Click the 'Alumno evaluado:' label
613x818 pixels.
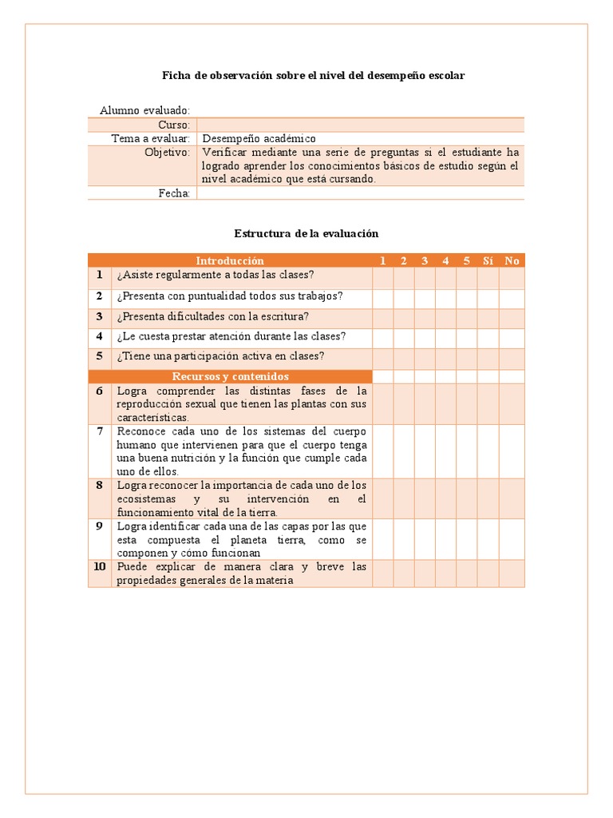(x=144, y=110)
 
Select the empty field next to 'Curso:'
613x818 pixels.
(x=360, y=125)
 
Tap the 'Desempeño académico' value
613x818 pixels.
(x=259, y=138)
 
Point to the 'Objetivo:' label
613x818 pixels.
(x=167, y=152)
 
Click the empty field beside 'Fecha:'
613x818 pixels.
(x=360, y=193)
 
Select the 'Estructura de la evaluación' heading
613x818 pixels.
(x=306, y=233)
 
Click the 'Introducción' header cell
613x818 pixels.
(x=230, y=260)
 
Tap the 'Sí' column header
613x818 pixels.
(x=488, y=260)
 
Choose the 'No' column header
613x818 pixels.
(x=512, y=260)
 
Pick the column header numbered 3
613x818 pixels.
(x=425, y=260)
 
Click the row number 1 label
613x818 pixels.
(x=100, y=276)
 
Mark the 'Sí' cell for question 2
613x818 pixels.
(x=488, y=296)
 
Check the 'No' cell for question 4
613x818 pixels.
(x=512, y=337)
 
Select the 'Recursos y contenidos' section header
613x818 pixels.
(x=230, y=376)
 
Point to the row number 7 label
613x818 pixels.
(x=100, y=431)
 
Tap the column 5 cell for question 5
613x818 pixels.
(x=467, y=357)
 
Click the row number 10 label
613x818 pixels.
(x=100, y=566)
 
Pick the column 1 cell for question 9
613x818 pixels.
(x=383, y=539)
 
